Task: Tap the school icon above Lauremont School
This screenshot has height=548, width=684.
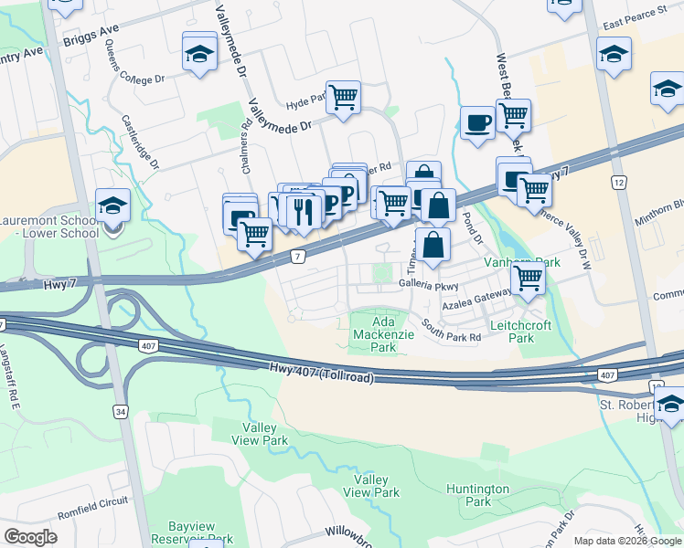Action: pos(113,205)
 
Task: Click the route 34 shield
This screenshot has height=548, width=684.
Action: pos(121,412)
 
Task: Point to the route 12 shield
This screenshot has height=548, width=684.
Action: pos(619,184)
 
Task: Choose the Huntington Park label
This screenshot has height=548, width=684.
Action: pos(478,495)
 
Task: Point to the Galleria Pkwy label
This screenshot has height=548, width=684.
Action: pos(427,286)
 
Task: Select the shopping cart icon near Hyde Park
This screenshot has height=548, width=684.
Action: pos(343,96)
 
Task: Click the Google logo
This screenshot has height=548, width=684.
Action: pos(30,537)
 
